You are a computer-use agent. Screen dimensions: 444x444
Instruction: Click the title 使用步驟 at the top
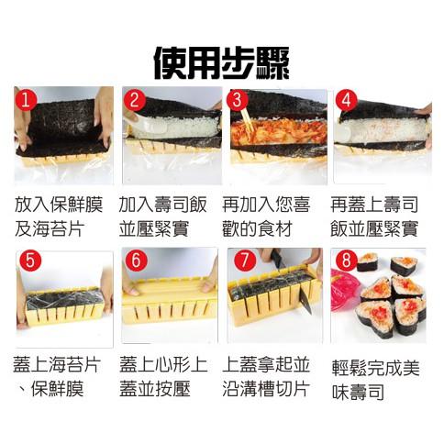click(x=222, y=61)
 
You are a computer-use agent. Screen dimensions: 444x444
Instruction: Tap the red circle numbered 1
click(x=27, y=100)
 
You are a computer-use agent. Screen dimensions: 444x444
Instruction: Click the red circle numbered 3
click(x=239, y=100)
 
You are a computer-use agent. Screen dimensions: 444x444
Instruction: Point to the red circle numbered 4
click(x=346, y=100)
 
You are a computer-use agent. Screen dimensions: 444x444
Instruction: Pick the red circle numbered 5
click(x=29, y=261)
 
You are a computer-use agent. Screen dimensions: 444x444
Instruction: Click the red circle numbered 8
click(x=346, y=261)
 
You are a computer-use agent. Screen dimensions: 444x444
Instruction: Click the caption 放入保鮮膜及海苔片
click(x=58, y=215)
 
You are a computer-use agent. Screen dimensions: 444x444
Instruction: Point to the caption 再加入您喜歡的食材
click(x=267, y=215)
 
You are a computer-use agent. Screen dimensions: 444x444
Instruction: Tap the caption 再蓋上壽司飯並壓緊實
click(x=373, y=215)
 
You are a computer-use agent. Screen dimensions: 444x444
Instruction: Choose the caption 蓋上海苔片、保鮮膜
click(x=58, y=377)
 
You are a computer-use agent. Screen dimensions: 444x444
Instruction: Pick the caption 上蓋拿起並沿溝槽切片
click(x=267, y=377)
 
